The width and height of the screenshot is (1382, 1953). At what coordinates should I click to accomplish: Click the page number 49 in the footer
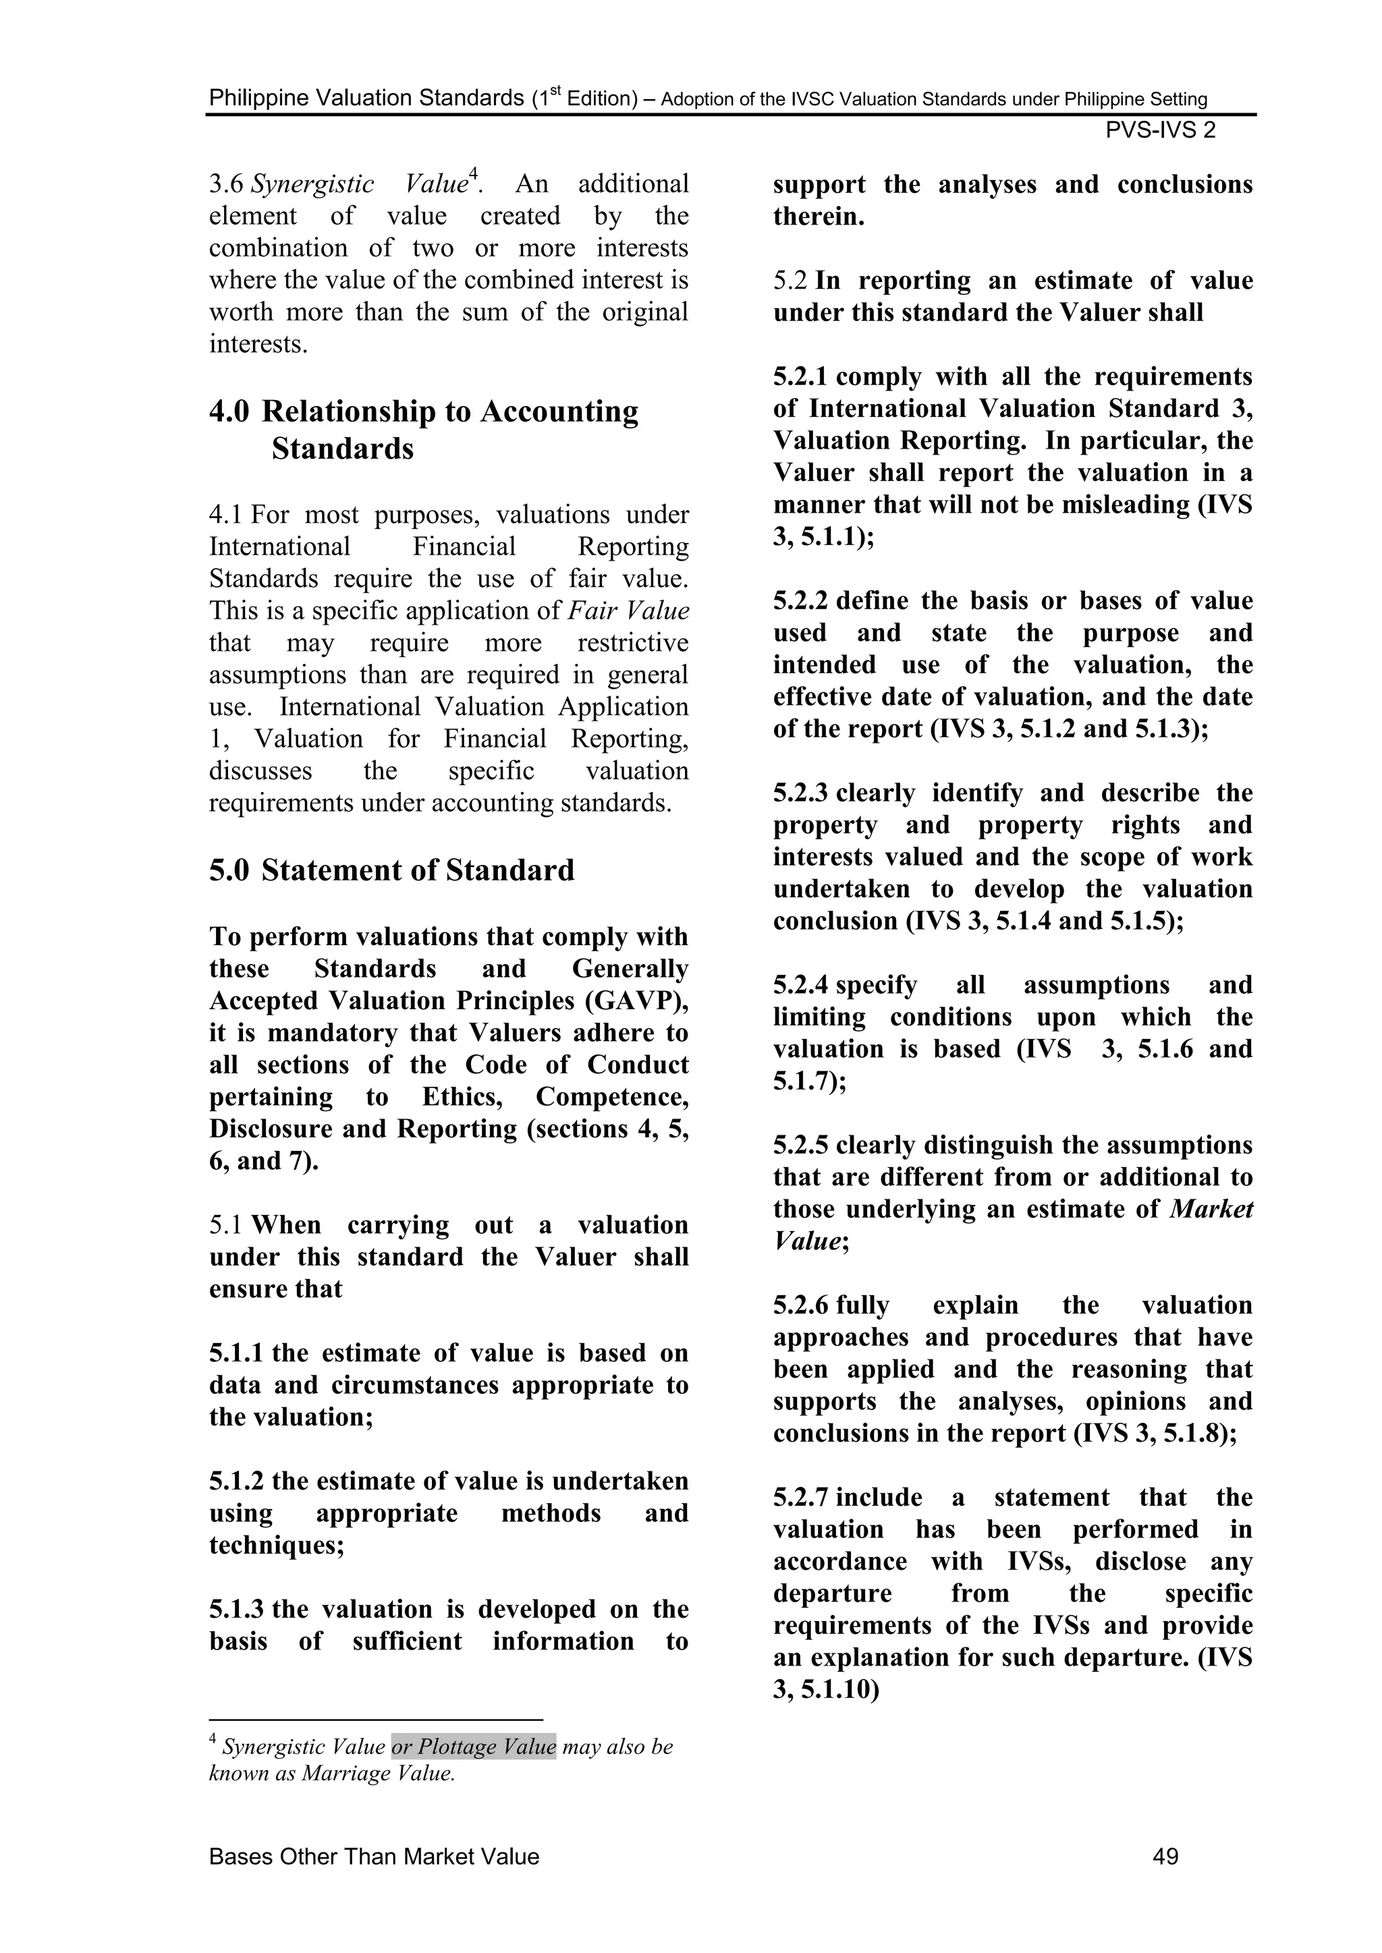[x=1164, y=1856]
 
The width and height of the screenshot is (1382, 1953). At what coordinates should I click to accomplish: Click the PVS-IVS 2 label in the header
[x=1160, y=130]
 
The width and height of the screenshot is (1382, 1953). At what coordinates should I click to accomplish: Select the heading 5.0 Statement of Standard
[x=391, y=870]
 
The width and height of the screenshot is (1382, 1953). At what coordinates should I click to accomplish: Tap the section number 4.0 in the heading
[x=229, y=412]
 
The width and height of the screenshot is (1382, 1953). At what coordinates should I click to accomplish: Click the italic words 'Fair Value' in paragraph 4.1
[x=628, y=611]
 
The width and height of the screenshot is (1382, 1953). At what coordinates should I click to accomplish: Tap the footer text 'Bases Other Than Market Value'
[x=374, y=1856]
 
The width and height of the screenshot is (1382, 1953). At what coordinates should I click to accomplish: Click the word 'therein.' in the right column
[x=819, y=217]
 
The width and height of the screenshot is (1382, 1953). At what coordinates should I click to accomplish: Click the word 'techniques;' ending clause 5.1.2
[x=277, y=1546]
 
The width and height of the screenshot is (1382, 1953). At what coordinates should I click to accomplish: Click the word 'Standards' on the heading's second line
[x=342, y=449]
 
